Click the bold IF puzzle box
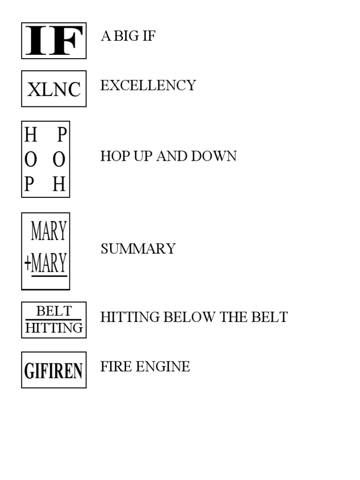tap(54, 40)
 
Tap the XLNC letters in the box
tap(54, 90)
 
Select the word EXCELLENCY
tap(148, 85)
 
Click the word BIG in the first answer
tap(126, 36)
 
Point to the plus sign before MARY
tap(28, 263)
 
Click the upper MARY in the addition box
tap(49, 231)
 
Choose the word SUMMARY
tap(138, 248)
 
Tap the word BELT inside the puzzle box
tap(54, 311)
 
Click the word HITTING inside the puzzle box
tap(54, 328)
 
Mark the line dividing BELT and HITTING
tap(53, 320)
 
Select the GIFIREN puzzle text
tap(53, 371)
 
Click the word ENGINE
tap(163, 367)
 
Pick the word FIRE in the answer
tap(116, 367)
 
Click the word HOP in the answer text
tap(115, 156)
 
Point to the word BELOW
tap(189, 317)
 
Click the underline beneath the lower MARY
tap(49, 276)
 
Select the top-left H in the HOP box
tap(30, 135)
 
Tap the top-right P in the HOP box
tap(62, 135)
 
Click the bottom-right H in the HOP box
tap(59, 184)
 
